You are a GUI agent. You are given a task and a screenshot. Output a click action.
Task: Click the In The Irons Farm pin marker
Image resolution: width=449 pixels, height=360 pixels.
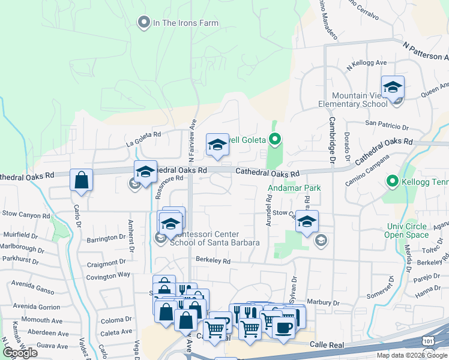[143, 23]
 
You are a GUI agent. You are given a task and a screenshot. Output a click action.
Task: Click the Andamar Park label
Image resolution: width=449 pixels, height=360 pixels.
[294, 188]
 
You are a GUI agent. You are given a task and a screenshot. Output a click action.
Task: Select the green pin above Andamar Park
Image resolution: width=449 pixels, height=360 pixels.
[275, 140]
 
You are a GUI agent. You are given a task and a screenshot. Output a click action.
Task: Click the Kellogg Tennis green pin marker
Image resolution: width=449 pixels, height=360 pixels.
[392, 180]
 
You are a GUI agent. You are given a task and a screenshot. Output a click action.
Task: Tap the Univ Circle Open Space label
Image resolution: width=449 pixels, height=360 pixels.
[406, 230]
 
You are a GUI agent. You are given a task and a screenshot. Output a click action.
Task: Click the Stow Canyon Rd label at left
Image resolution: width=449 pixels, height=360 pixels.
[25, 215]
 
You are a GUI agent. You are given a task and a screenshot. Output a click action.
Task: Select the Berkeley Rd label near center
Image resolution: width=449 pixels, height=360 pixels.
[212, 261]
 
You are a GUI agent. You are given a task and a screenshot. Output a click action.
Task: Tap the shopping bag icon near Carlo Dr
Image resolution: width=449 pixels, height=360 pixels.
[81, 180]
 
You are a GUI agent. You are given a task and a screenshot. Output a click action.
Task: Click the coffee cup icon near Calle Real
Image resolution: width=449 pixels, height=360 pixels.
[283, 329]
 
